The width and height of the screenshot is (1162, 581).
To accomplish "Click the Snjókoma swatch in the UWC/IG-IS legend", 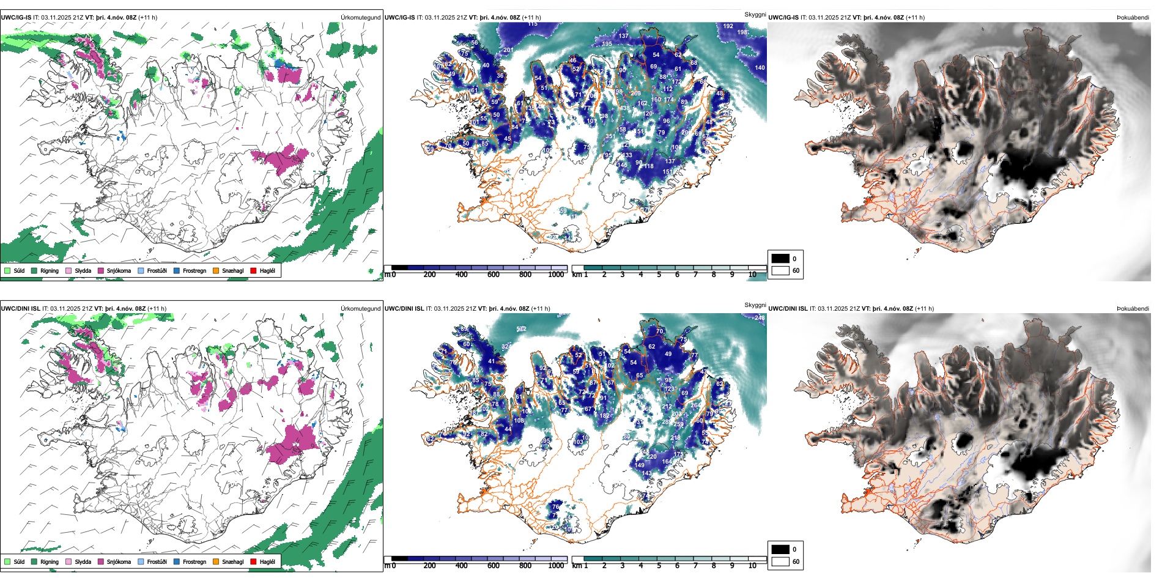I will (101, 270).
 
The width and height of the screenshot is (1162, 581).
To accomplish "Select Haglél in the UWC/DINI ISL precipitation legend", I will (253, 561).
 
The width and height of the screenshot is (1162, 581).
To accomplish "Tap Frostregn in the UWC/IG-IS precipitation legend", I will (177, 270).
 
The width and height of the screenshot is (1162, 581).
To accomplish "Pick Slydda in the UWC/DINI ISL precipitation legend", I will (68, 561).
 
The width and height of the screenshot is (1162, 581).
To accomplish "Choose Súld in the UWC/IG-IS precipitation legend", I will (7, 270).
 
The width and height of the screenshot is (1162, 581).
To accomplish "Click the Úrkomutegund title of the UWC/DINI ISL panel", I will (360, 308).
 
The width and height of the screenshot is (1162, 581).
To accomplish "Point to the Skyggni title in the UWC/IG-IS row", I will (755, 14).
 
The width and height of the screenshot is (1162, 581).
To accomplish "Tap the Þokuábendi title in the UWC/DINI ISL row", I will (1133, 308).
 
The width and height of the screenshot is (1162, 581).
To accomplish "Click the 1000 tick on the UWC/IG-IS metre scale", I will (556, 275).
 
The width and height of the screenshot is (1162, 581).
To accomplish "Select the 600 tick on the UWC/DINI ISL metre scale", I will (494, 566).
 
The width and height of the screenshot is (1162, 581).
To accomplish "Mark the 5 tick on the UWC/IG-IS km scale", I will (659, 275).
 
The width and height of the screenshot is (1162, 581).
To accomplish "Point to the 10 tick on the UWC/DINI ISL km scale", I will (752, 566).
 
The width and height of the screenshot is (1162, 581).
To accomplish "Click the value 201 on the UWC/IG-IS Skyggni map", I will (508, 50).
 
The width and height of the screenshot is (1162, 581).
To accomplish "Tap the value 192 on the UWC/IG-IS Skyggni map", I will (728, 26).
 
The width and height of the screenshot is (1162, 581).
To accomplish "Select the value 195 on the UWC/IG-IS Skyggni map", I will (607, 44).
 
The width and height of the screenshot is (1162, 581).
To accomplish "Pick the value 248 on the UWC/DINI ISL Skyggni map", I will (760, 317).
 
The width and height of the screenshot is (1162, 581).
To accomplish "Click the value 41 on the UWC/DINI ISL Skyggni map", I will (491, 361).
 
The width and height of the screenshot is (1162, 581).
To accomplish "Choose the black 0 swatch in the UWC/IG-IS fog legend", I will (780, 258).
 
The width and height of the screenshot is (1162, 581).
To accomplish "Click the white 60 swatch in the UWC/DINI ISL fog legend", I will (780, 561).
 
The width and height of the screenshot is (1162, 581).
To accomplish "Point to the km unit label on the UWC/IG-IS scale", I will (577, 275).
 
